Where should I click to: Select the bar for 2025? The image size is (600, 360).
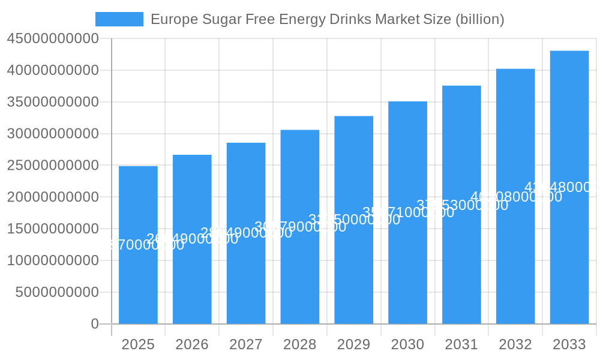pyautogui.click(x=138, y=270)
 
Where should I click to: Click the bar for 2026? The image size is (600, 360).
pyautogui.click(x=192, y=270)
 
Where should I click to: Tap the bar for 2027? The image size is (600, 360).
pyautogui.click(x=246, y=270)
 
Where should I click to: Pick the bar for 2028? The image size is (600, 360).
pyautogui.click(x=300, y=270)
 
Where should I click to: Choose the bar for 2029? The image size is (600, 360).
pyautogui.click(x=353, y=270)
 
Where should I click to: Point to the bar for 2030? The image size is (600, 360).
pyautogui.click(x=407, y=270)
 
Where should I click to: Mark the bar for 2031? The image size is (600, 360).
pyautogui.click(x=461, y=270)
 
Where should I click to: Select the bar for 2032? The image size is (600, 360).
pyautogui.click(x=515, y=270)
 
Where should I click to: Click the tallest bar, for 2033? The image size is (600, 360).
pyautogui.click(x=569, y=270)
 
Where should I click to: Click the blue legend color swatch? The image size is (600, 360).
pyautogui.click(x=119, y=19)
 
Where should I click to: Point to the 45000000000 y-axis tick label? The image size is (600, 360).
pyautogui.click(x=53, y=39)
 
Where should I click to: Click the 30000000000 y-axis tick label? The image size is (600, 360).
pyautogui.click(x=53, y=134)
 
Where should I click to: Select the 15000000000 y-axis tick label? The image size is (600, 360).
pyautogui.click(x=53, y=229)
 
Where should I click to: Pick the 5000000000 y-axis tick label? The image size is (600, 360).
pyautogui.click(x=56, y=292)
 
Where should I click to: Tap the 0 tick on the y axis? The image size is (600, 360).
pyautogui.click(x=95, y=324)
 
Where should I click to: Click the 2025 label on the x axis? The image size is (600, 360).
pyautogui.click(x=138, y=344)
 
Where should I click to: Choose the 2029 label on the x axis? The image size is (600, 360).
pyautogui.click(x=353, y=344)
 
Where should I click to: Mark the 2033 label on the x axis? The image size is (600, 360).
pyautogui.click(x=569, y=344)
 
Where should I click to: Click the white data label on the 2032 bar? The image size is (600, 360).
pyautogui.click(x=516, y=197)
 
